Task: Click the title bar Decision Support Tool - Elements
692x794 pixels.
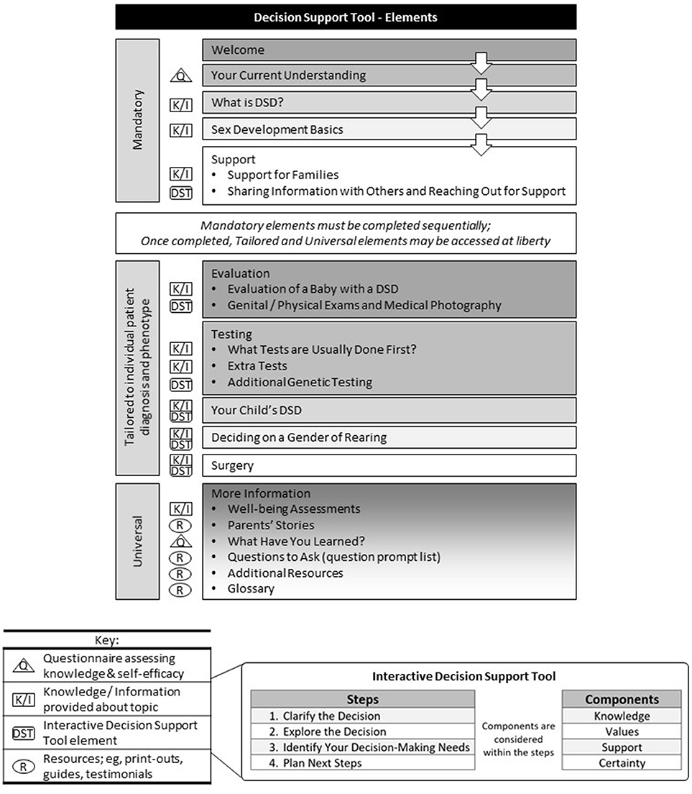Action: [x=346, y=16]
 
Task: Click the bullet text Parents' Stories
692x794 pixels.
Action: [x=270, y=525]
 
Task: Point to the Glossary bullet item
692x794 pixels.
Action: [x=251, y=588]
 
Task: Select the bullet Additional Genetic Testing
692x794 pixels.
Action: [x=300, y=383]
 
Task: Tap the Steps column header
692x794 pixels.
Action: [x=362, y=698]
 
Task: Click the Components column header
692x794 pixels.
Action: [x=622, y=698]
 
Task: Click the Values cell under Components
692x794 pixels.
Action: [x=622, y=731]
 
